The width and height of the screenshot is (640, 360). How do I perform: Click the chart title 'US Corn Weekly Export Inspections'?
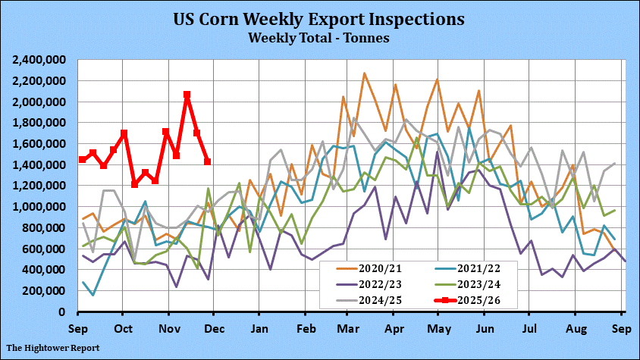pyautogui.click(x=319, y=17)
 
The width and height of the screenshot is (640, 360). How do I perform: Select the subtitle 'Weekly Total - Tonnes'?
pyautogui.click(x=319, y=36)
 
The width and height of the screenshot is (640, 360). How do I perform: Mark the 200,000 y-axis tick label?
pyautogui.click(x=45, y=290)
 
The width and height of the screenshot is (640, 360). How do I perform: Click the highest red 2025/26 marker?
pyautogui.click(x=187, y=95)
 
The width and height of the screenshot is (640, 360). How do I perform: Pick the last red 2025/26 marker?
pyautogui.click(x=207, y=161)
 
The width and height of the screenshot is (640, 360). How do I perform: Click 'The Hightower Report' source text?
pyautogui.click(x=53, y=348)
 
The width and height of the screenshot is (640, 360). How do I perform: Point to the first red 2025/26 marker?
pyautogui.click(x=82, y=160)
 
